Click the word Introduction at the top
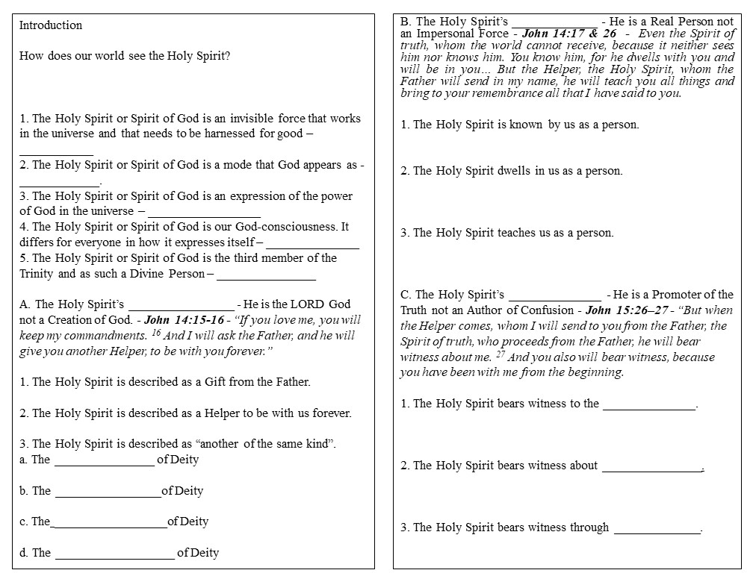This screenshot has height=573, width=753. click(x=51, y=25)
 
